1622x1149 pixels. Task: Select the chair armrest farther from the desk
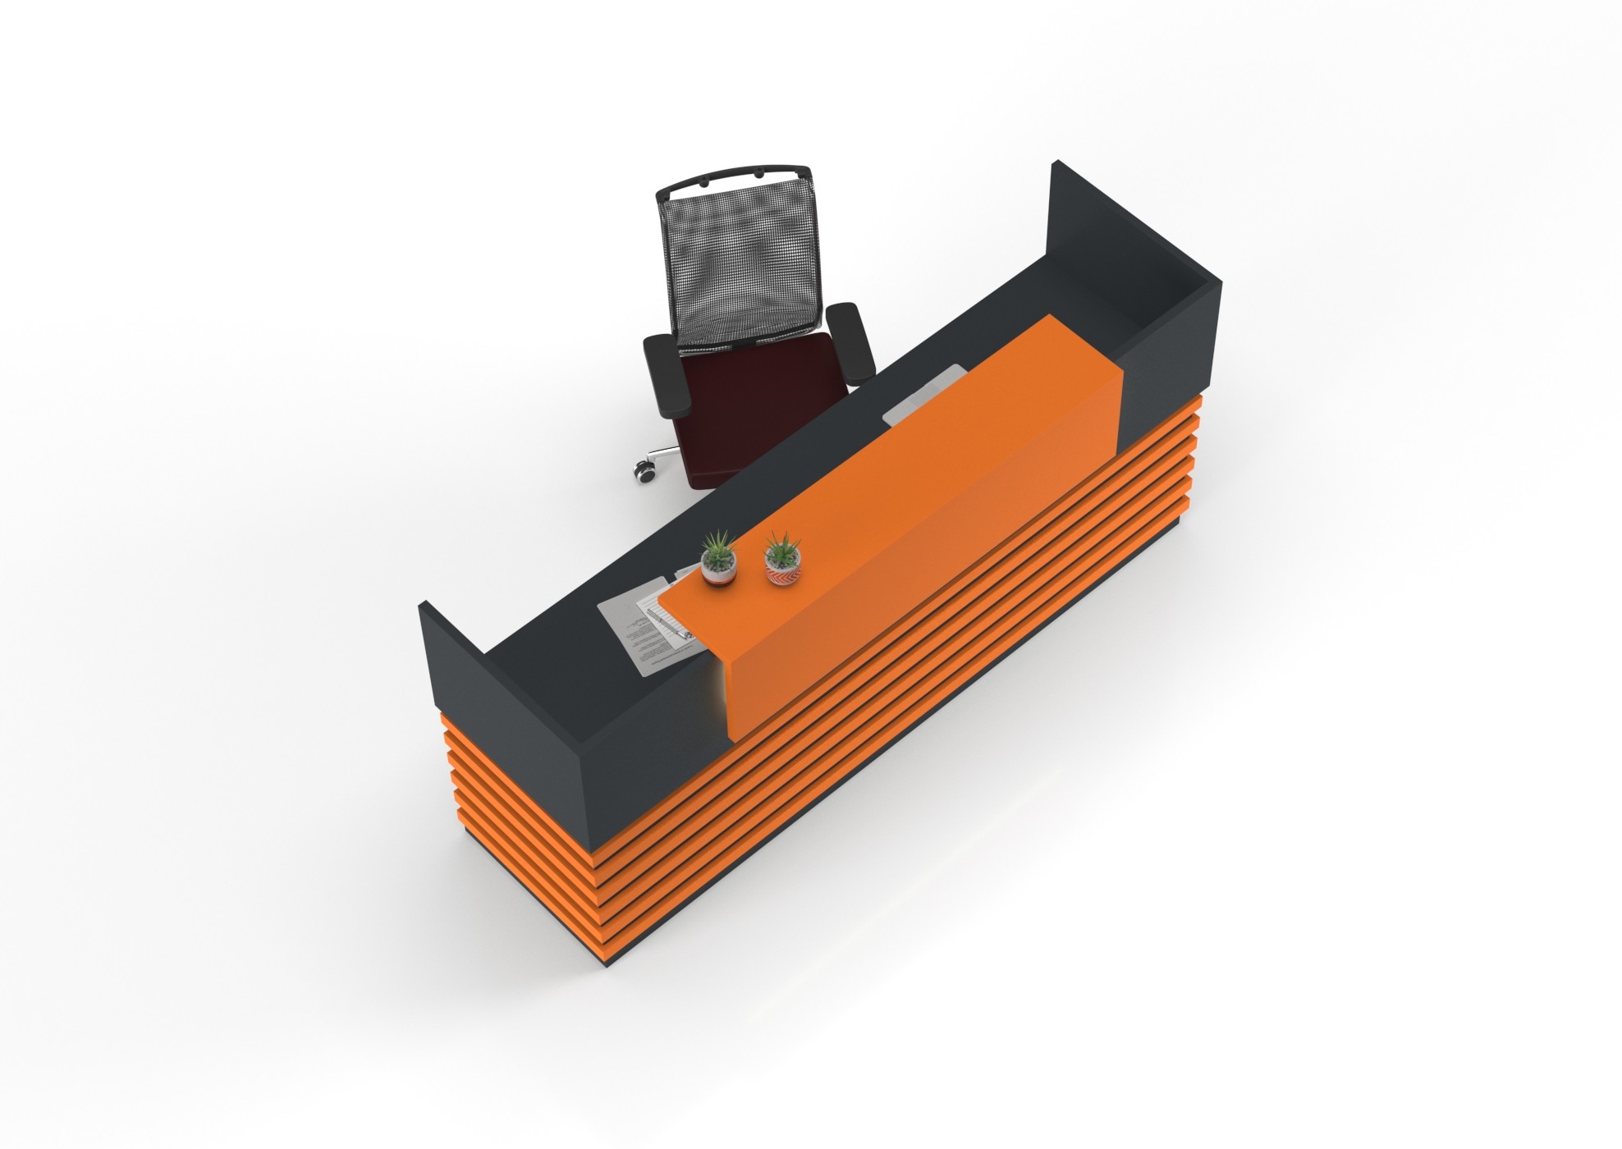pos(663,374)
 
